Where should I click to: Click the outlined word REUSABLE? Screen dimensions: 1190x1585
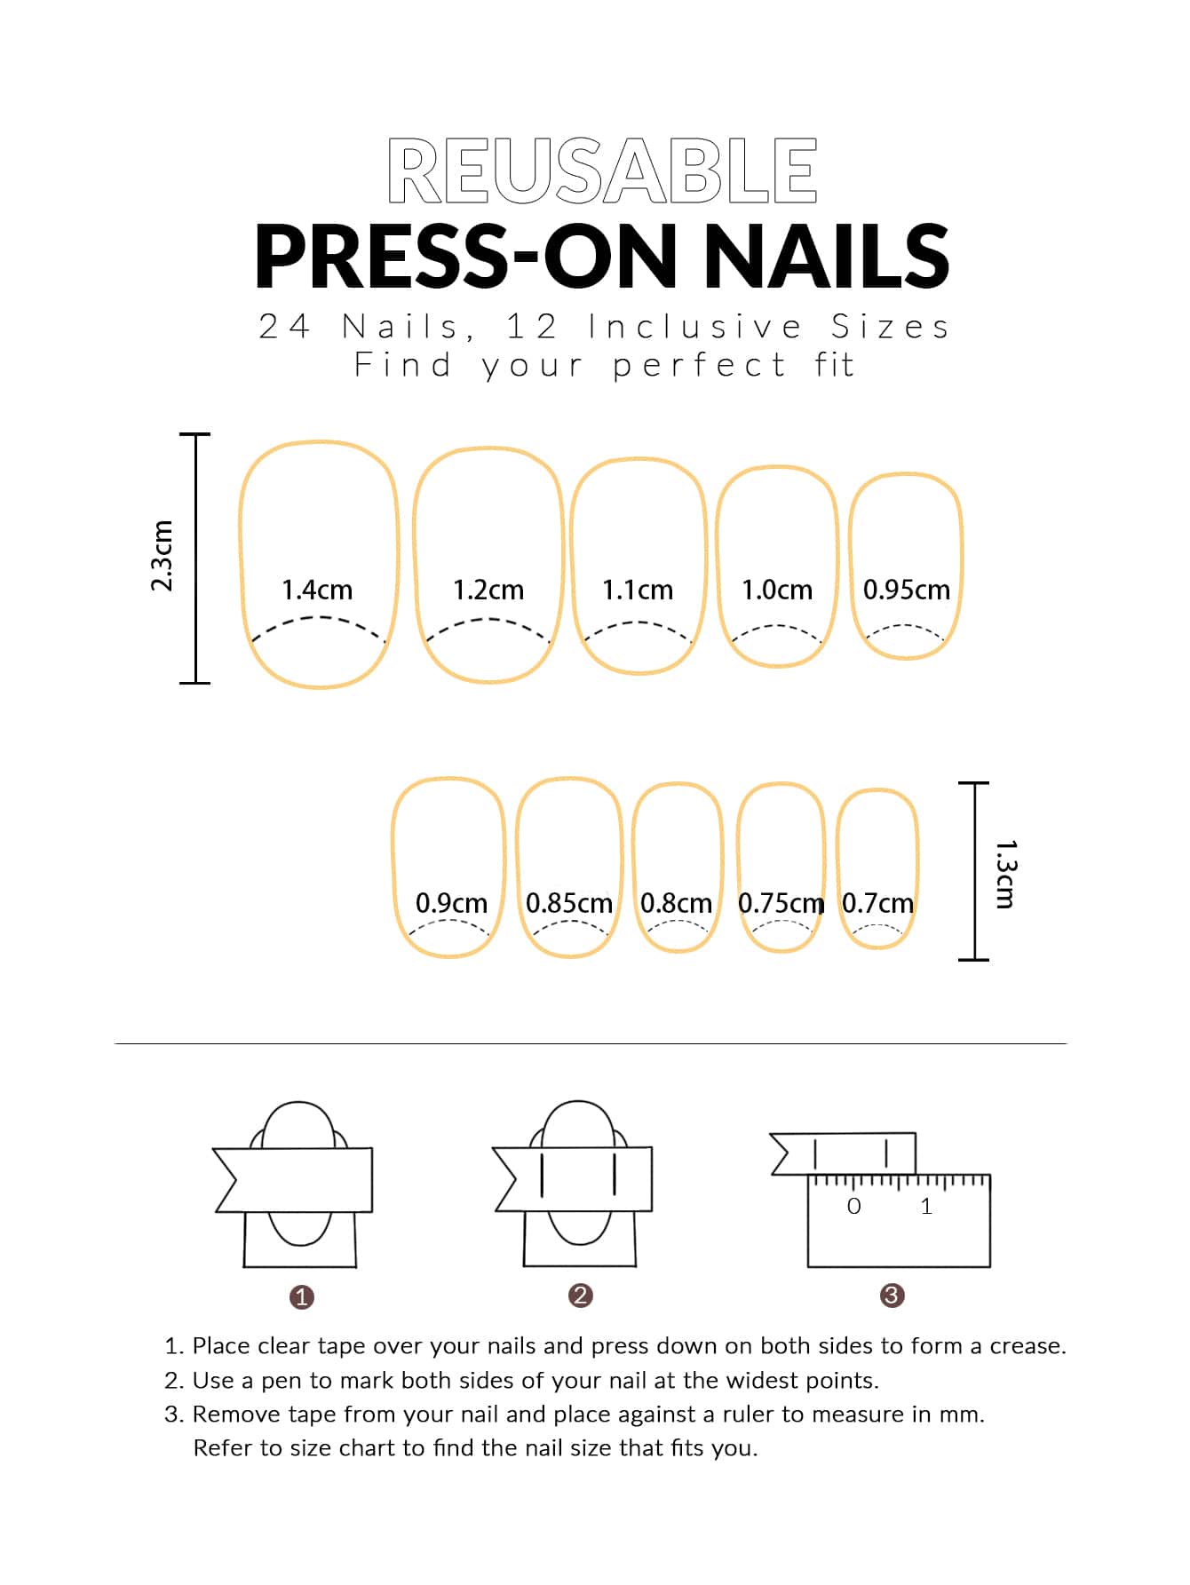[x=602, y=171]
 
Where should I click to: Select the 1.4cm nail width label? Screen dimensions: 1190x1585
[x=317, y=590]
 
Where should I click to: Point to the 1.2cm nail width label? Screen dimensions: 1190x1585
[x=488, y=590]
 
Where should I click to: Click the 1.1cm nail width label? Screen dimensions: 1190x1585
[x=638, y=590]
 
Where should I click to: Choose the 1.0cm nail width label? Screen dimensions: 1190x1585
[x=777, y=590]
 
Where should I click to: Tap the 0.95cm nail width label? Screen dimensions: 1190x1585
[x=907, y=590]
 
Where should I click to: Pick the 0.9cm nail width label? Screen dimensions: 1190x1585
[x=451, y=903]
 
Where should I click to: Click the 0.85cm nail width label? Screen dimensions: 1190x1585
[x=569, y=903]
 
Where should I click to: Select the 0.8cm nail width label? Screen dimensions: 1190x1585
[x=676, y=903]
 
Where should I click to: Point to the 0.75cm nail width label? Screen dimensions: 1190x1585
[x=781, y=903]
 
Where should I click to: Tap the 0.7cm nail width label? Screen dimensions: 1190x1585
[x=877, y=903]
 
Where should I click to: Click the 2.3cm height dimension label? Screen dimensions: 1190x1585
[x=162, y=556]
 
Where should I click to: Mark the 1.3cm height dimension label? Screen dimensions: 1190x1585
[x=1005, y=874]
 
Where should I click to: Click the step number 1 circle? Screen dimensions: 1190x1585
[x=302, y=1297]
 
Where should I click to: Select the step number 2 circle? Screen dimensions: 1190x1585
[x=580, y=1296]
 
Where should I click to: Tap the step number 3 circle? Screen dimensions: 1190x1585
[x=892, y=1296]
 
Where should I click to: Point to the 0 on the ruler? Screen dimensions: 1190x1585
[x=854, y=1206]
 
